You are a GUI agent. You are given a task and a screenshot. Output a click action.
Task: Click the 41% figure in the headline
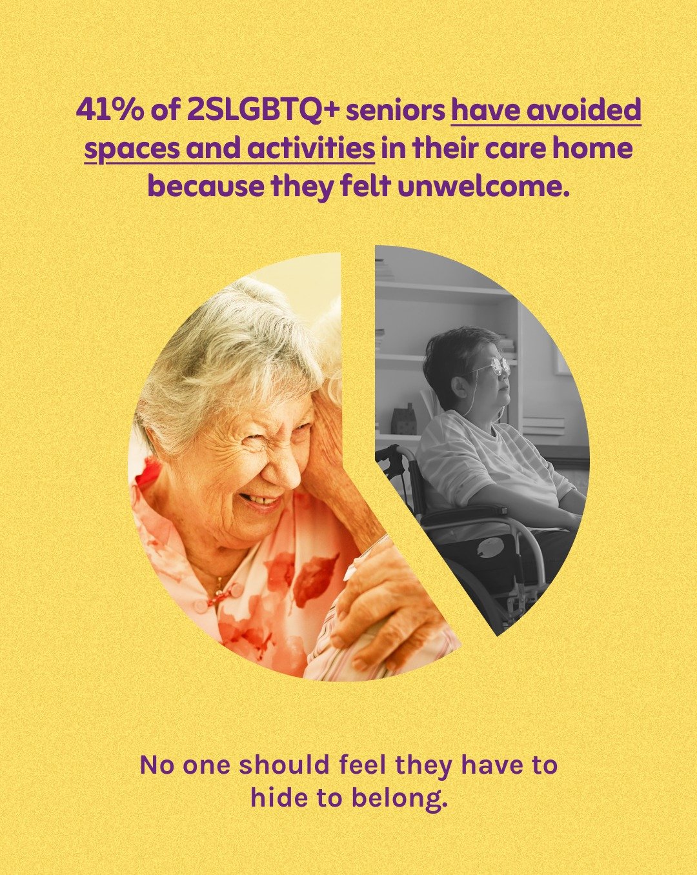(108, 111)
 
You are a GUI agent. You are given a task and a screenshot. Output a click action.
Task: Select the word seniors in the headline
(395, 111)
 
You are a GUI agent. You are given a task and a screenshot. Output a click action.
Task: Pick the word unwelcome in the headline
(485, 187)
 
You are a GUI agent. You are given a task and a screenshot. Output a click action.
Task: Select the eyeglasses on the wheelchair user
(498, 367)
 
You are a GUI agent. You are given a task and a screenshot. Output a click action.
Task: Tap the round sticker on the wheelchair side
(491, 547)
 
